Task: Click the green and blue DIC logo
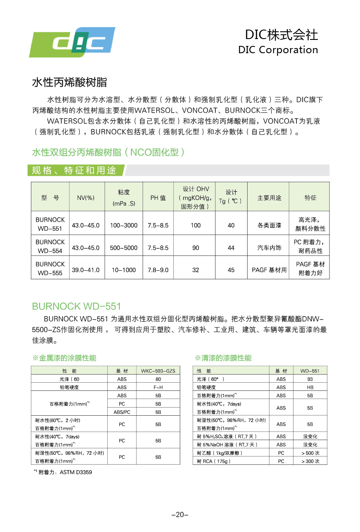tap(72, 42)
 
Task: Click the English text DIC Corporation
tap(278, 50)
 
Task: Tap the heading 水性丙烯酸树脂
tap(70, 82)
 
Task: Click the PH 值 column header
tap(158, 198)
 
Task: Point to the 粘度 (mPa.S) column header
tap(124, 197)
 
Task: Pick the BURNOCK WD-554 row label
tap(50, 246)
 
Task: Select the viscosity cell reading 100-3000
tap(124, 225)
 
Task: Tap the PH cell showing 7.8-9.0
tap(158, 270)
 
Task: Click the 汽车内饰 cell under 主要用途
tap(269, 248)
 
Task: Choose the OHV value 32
tap(196, 270)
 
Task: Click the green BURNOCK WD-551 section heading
tap(76, 306)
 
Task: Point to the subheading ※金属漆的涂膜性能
tap(64, 358)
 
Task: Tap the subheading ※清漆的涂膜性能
tap(223, 358)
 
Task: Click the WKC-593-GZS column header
tap(158, 371)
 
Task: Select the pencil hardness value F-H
tap(158, 387)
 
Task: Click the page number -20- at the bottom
tap(180, 515)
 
